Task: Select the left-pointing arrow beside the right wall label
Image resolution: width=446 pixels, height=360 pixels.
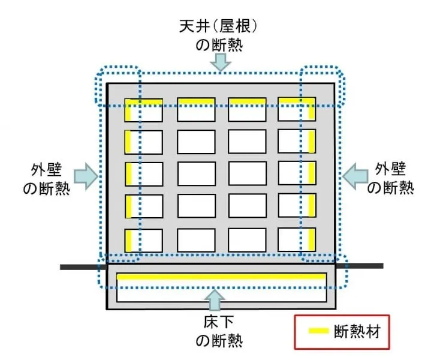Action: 357,175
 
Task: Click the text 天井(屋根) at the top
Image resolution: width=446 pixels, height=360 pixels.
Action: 222,26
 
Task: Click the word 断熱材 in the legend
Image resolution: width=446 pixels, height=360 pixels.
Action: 358,331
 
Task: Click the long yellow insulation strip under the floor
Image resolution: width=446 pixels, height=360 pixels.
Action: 221,277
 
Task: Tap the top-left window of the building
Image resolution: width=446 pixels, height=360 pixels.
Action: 144,110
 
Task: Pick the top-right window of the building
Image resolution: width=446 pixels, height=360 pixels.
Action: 297,109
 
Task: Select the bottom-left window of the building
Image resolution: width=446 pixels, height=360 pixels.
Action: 144,241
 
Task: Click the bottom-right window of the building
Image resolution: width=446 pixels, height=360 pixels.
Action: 297,240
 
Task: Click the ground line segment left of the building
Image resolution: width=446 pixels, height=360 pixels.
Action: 82,266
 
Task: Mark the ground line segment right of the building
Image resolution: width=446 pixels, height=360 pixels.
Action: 364,265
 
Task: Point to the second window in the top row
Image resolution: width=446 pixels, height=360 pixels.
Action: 196,109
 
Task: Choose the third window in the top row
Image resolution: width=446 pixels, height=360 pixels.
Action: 246,109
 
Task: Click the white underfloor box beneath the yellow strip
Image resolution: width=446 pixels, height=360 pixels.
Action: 221,295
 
